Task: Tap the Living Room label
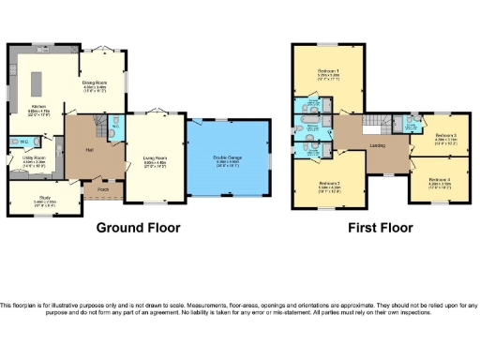point(154,159)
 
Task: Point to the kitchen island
point(40,83)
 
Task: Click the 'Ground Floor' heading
point(139,228)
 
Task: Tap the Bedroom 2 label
point(327,183)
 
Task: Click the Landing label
point(379,146)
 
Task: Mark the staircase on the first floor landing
point(374,124)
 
